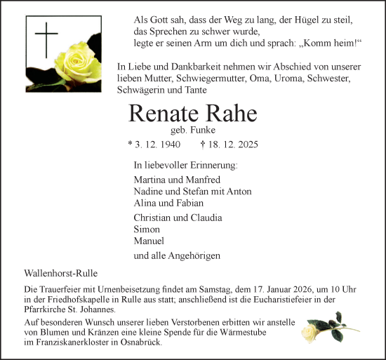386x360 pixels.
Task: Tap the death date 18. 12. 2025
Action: (x=233, y=145)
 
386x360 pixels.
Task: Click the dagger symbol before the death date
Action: (x=203, y=145)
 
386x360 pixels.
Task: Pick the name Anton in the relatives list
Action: (x=239, y=191)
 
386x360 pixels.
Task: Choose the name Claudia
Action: (x=206, y=217)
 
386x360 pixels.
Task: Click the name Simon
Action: (x=147, y=229)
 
